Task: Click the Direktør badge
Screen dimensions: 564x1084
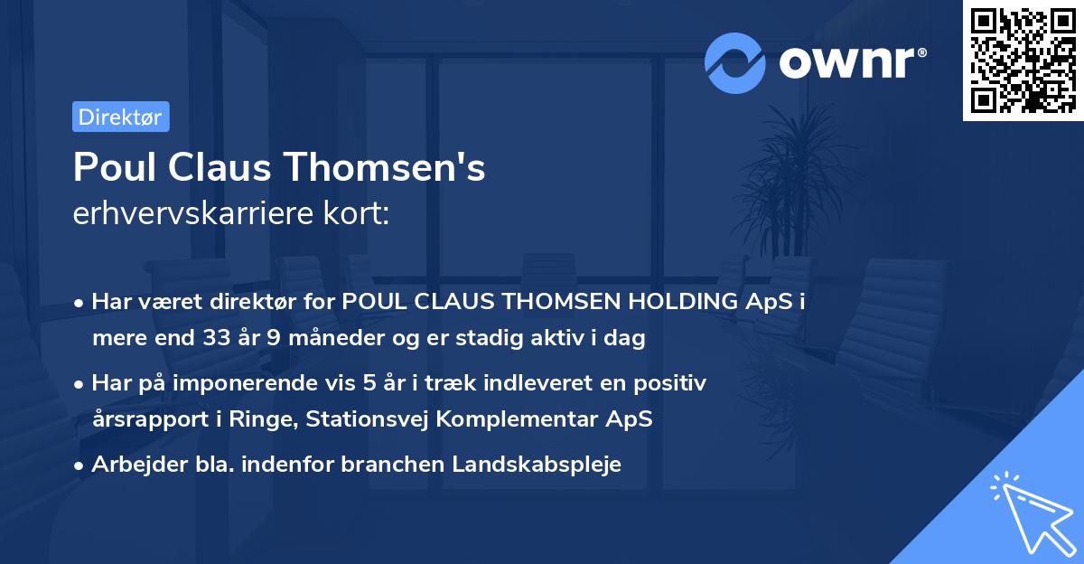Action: click(120, 117)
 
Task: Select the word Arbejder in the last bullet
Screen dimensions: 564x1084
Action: click(131, 465)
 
